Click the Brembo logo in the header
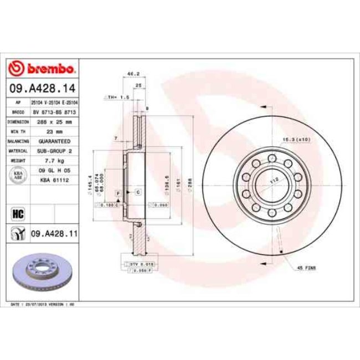pos(42,69)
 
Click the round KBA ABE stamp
pos(17,174)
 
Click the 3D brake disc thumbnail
pos(42,274)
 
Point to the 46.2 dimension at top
pos(133,73)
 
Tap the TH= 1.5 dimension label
pos(120,97)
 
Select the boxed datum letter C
pos(137,192)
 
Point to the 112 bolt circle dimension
pos(272,181)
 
